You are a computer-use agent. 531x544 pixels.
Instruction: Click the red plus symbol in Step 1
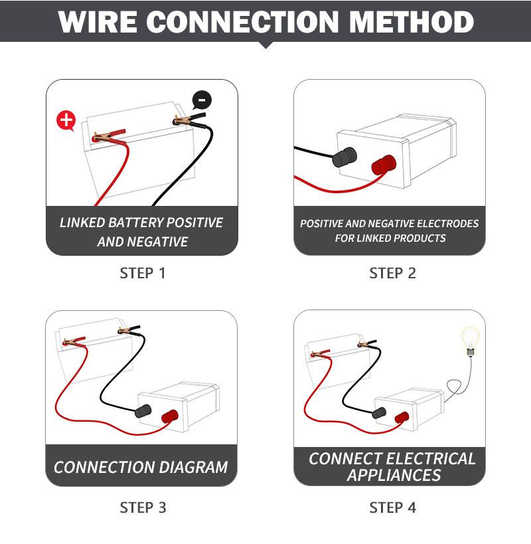point(66,120)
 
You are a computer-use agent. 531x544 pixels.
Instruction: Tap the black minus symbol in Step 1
point(202,100)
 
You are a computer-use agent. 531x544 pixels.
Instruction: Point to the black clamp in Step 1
point(190,120)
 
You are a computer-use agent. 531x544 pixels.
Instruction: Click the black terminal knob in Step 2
point(344,157)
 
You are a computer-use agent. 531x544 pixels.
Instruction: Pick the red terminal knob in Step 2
point(384,165)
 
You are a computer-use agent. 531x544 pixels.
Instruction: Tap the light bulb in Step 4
point(471,341)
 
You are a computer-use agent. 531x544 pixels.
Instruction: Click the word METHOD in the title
point(412,22)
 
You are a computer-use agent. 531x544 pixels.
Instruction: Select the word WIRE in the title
point(98,22)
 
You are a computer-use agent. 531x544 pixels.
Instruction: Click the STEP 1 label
point(143,274)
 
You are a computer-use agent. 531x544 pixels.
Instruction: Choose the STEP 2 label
point(392,274)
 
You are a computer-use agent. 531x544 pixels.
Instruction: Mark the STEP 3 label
point(143,507)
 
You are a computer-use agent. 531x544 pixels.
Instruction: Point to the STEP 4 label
point(393,507)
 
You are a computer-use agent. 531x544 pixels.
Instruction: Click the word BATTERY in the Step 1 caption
point(135,223)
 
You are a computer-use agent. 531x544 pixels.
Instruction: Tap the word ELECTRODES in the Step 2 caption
point(447,224)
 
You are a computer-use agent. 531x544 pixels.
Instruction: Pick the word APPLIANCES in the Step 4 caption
point(394,476)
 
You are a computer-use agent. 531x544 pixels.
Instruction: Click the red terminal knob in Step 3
point(170,416)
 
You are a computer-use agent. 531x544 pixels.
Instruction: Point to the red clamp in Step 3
point(74,341)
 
